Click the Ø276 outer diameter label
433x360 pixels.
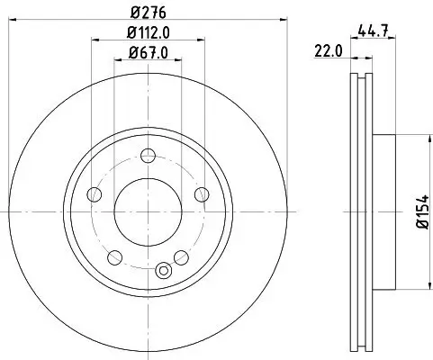146,13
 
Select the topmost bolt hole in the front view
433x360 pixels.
144,155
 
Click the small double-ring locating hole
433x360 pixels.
163,269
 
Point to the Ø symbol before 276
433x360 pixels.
131,13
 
